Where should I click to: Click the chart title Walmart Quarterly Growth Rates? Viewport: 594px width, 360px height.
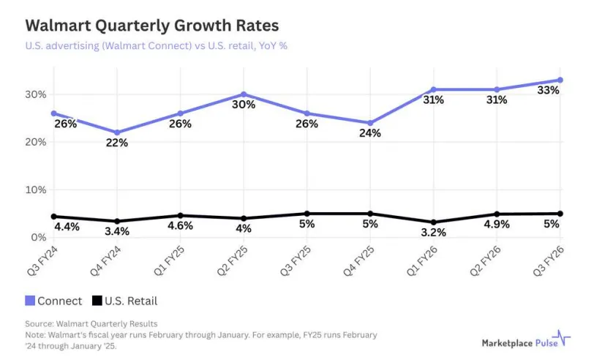coord(151,26)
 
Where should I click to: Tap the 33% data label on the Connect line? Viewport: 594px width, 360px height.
coord(548,91)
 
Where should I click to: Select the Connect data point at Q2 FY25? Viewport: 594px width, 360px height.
coord(244,94)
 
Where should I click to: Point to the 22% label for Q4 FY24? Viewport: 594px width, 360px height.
coord(116,143)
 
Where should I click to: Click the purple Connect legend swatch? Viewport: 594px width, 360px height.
coord(30,300)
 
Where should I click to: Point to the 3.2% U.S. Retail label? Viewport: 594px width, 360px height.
coord(434,233)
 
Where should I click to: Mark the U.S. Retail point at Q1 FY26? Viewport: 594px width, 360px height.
coord(434,222)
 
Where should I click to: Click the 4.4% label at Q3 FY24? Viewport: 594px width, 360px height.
coord(67,228)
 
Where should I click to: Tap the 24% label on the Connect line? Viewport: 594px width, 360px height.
coord(370,133)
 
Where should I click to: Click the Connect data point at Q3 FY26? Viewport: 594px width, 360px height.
coord(560,80)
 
